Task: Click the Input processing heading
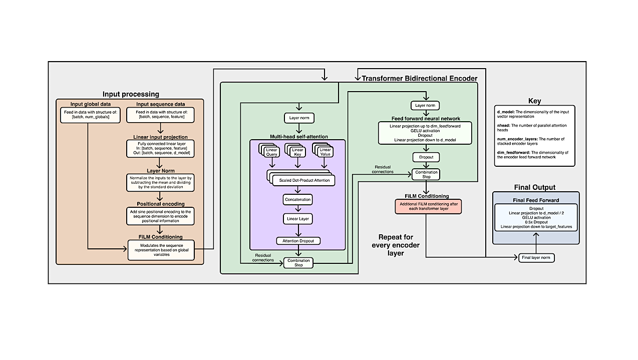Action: coord(131,94)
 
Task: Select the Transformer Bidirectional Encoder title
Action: coord(419,78)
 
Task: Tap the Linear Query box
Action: coord(271,152)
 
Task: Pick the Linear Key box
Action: coord(297,152)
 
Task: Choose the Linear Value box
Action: coord(325,152)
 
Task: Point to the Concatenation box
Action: coord(297,199)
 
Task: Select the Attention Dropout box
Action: coord(298,241)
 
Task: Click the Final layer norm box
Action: coord(536,258)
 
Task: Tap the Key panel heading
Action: coord(534,101)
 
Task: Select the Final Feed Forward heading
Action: coord(535,200)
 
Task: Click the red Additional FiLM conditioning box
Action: coord(428,207)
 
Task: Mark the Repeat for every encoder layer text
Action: coord(395,245)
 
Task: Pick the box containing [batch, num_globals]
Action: coord(90,115)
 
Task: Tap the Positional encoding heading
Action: coord(160,204)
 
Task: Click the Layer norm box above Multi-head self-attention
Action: coord(299,119)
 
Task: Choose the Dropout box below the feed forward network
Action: coord(426,157)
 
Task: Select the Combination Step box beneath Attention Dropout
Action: coord(298,262)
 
